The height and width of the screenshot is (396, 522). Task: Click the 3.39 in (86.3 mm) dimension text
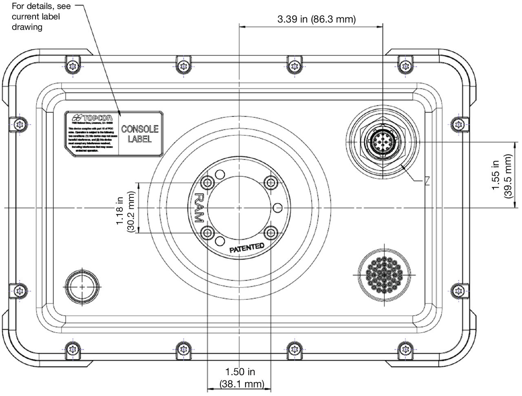pyautogui.click(x=316, y=19)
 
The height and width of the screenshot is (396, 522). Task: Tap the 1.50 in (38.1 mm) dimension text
pyautogui.click(x=241, y=378)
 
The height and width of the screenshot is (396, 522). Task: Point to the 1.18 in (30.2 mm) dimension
pyautogui.click(x=125, y=208)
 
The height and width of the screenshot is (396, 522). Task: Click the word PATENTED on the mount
pyautogui.click(x=247, y=247)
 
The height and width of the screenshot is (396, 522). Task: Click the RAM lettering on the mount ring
pyautogui.click(x=199, y=207)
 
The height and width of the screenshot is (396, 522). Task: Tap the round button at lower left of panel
pyautogui.click(x=82, y=287)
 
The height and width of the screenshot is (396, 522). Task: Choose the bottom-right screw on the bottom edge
pyautogui.click(x=405, y=349)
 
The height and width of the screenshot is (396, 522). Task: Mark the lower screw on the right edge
pyautogui.click(x=458, y=290)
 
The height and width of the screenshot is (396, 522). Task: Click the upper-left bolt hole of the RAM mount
pyautogui.click(x=208, y=182)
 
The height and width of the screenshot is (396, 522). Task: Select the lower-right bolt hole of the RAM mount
pyautogui.click(x=271, y=232)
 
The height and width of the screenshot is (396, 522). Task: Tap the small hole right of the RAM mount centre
pyautogui.click(x=278, y=207)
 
